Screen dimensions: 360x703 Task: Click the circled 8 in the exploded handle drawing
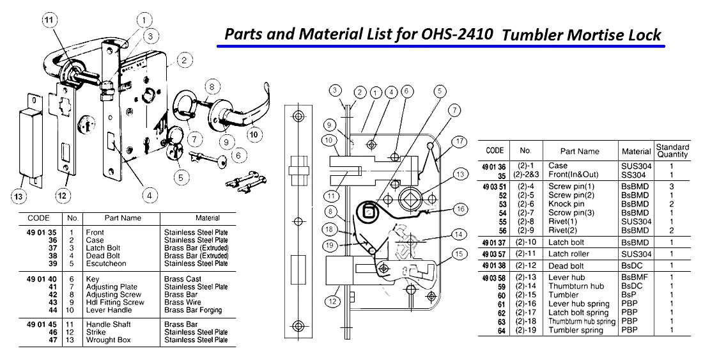(213, 85)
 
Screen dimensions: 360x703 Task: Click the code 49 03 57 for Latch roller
(495, 253)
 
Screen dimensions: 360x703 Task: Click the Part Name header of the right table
(580, 151)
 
